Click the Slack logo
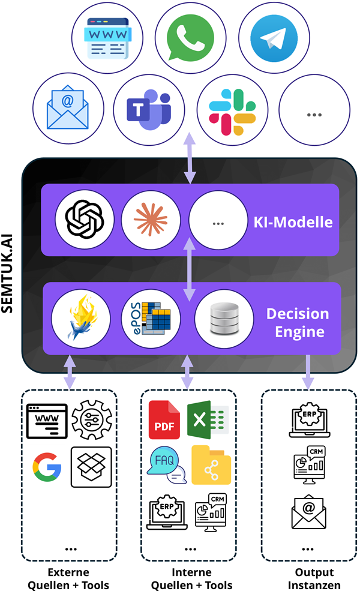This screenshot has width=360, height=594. pyautogui.click(x=232, y=111)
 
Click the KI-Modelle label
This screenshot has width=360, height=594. pyautogui.click(x=293, y=221)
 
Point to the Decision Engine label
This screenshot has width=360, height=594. pyautogui.click(x=298, y=322)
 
